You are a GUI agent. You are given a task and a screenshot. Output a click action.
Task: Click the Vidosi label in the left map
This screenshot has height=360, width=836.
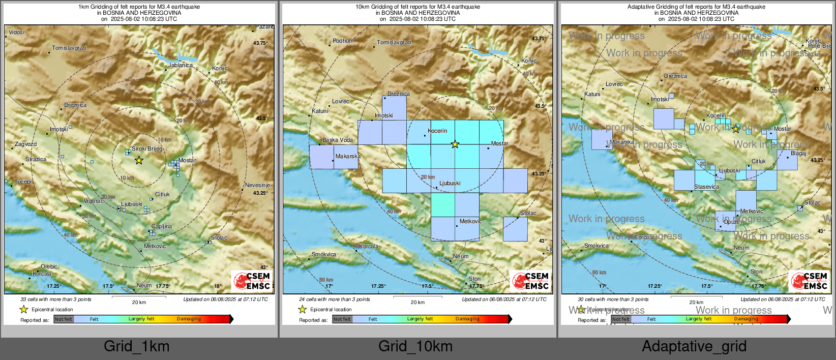coord(16,32)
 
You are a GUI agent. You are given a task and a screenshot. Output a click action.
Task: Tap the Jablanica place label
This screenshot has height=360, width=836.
coord(181,65)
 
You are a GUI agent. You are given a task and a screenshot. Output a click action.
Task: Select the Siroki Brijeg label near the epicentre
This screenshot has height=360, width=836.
coord(147,148)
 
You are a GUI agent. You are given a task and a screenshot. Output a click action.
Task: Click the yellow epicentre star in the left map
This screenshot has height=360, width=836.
coord(139,160)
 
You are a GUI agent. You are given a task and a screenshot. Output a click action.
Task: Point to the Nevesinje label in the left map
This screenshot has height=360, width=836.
coord(257,185)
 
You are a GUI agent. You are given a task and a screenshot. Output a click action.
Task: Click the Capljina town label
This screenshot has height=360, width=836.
coord(162,226)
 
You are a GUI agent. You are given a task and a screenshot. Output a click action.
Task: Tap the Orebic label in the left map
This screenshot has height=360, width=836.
coord(49,266)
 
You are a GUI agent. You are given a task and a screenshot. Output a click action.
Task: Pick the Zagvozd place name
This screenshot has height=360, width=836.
coord(25,144)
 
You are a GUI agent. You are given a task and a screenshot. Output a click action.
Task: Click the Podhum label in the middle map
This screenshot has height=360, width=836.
coord(343,41)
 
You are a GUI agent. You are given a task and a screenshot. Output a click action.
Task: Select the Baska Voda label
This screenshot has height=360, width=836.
coord(337,140)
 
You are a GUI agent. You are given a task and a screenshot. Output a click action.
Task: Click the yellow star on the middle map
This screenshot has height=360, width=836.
coord(455,144)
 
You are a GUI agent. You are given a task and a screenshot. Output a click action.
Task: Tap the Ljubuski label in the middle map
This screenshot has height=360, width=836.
coord(450,183)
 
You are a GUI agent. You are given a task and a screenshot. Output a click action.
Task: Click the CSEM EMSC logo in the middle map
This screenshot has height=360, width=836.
coord(530,281)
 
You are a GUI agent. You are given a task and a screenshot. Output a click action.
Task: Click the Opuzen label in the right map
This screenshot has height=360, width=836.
coord(733,222)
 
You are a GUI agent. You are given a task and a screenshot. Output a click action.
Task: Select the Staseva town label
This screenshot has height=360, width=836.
coord(706,187)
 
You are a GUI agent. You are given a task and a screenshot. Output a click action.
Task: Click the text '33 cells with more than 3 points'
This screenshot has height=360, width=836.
coord(56,299)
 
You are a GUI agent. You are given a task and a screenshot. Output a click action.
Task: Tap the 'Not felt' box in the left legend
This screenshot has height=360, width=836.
coord(64,319)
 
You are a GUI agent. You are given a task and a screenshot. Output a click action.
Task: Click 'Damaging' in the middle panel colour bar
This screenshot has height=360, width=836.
coord(467,319)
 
